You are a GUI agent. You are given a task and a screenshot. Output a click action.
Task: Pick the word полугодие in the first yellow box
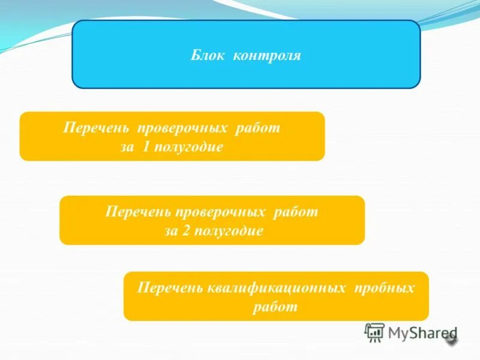tap(189, 147)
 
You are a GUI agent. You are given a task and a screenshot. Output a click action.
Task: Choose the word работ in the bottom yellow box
tap(276, 307)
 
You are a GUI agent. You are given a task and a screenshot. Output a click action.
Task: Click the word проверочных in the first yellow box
tap(182, 128)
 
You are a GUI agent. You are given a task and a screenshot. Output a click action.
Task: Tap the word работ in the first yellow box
tap(259, 128)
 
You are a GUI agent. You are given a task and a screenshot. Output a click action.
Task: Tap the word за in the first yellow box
tap(127, 147)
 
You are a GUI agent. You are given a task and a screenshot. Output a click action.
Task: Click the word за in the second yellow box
tap(171, 231)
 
